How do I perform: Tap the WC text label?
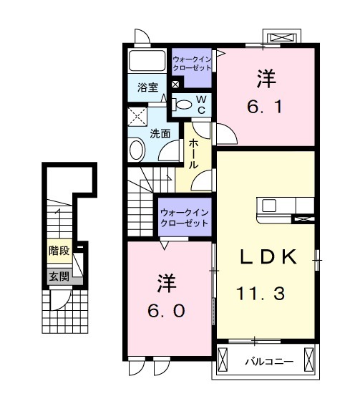(x=202, y=104)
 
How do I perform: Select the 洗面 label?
(x=160, y=133)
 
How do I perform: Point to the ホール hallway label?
(x=193, y=153)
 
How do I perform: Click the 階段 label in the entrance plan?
(x=59, y=251)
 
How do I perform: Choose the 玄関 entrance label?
(x=59, y=275)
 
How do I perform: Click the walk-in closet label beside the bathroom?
(x=193, y=62)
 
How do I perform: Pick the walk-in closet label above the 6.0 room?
(x=184, y=218)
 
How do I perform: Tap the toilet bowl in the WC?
(x=183, y=105)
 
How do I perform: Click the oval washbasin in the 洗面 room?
(x=136, y=150)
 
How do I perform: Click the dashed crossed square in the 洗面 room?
(x=137, y=117)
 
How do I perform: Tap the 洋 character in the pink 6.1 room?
(x=266, y=76)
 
